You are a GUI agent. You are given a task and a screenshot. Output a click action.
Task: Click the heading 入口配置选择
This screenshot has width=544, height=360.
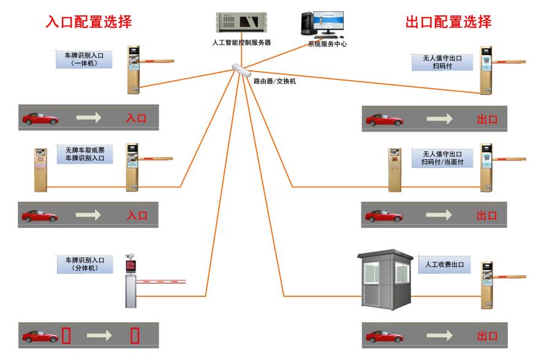click(x=89, y=23)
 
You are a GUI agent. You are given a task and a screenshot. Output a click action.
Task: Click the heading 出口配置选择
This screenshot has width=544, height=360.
click(x=448, y=23)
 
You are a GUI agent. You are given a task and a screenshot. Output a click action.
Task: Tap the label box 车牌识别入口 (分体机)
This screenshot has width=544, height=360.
click(x=85, y=264)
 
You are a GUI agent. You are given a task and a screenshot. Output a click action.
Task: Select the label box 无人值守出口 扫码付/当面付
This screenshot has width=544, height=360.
click(x=440, y=157)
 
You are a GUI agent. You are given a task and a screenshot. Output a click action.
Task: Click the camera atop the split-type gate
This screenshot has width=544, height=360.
click(x=130, y=257)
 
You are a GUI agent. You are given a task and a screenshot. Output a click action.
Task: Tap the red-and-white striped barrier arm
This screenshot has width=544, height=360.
click(x=161, y=282)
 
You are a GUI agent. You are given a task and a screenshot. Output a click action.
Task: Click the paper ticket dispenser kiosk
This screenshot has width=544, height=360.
click(x=41, y=169)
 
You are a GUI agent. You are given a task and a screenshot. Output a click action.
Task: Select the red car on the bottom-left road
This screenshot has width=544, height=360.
click(x=40, y=336)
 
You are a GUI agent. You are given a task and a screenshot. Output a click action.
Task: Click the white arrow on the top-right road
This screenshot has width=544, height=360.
click(x=440, y=119)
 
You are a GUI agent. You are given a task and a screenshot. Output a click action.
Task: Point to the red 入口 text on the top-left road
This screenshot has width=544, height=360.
click(x=136, y=118)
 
